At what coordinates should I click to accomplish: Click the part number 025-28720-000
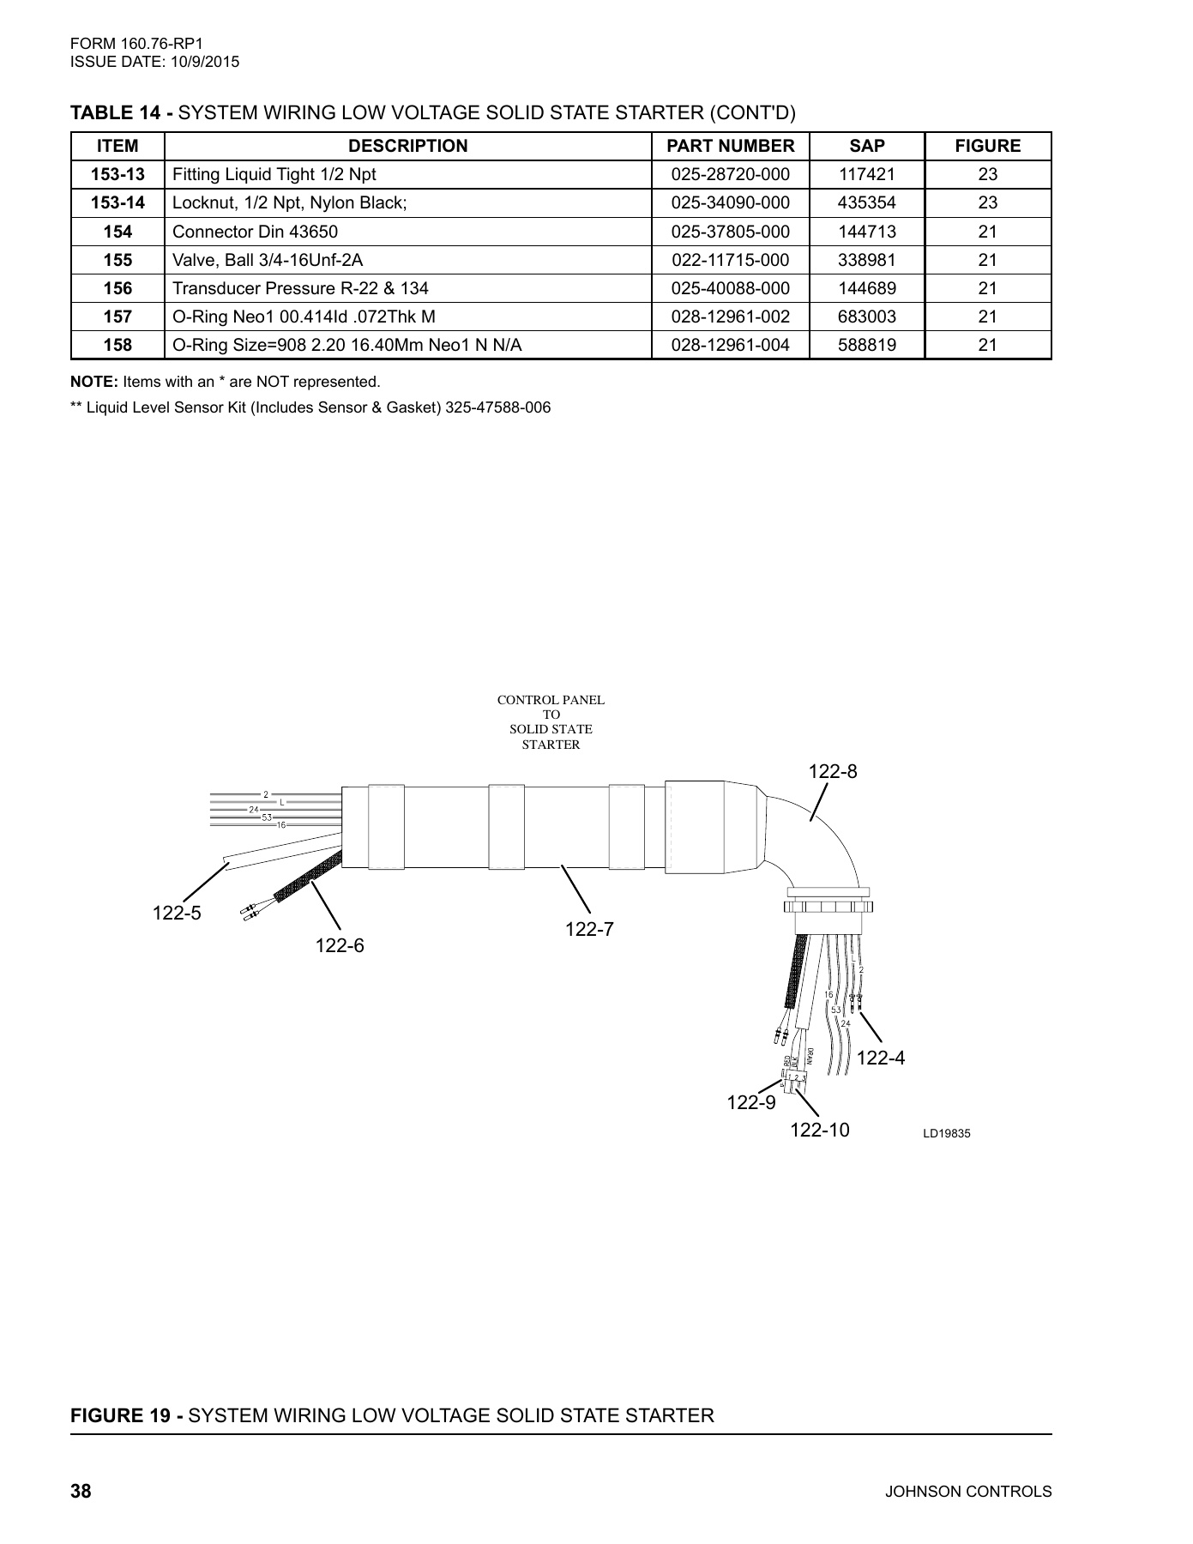(x=730, y=175)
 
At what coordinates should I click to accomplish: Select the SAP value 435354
(x=866, y=203)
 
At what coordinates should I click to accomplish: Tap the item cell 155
(x=117, y=260)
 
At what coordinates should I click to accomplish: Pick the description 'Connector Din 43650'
(x=256, y=232)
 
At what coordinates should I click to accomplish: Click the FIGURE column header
(x=987, y=146)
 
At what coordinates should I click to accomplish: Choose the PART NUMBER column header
(x=730, y=146)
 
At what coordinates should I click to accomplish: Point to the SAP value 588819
(x=866, y=345)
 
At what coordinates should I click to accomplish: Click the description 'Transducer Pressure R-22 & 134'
(x=300, y=288)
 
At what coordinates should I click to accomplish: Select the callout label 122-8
(x=833, y=772)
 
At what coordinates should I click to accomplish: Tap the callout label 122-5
(x=177, y=914)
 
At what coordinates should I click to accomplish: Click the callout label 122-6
(x=340, y=945)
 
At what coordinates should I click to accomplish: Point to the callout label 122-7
(x=589, y=929)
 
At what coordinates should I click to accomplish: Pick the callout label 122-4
(x=880, y=1058)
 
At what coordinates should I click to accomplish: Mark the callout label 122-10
(x=819, y=1131)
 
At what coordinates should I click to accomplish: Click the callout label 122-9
(x=751, y=1102)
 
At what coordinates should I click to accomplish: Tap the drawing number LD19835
(x=946, y=1134)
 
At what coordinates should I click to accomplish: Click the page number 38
(x=81, y=1492)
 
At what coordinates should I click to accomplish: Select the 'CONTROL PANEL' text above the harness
(x=551, y=700)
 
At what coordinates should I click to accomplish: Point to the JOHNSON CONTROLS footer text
(x=967, y=1492)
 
